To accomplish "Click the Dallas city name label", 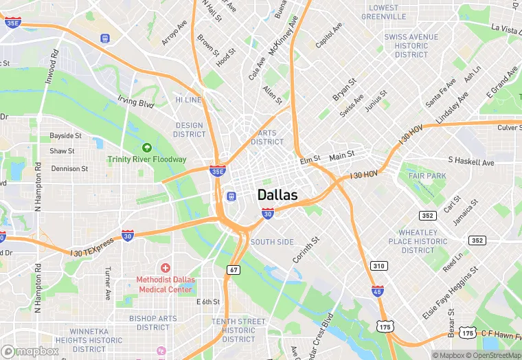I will pyautogui.click(x=277, y=195).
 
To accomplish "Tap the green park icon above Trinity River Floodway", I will pyautogui.click(x=146, y=147).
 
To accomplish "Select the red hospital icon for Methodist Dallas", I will pyautogui.click(x=165, y=267).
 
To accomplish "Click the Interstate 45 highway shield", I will pyautogui.click(x=377, y=291).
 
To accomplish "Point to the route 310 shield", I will pyautogui.click(x=378, y=265).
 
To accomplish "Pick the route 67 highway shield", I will pyautogui.click(x=234, y=269).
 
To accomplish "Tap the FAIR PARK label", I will pyautogui.click(x=427, y=176).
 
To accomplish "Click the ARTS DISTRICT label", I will pyautogui.click(x=267, y=137).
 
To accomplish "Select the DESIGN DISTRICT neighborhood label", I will pyautogui.click(x=190, y=130).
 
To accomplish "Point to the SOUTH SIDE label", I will pyautogui.click(x=272, y=242).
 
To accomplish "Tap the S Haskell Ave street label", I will pyautogui.click(x=470, y=162).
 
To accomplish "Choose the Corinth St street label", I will pyautogui.click(x=306, y=251).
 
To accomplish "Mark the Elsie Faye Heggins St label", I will pyautogui.click(x=450, y=293).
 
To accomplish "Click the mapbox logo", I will pyautogui.click(x=30, y=351).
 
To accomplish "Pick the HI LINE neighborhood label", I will pyautogui.click(x=188, y=100).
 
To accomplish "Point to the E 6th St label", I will pyautogui.click(x=208, y=302).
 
